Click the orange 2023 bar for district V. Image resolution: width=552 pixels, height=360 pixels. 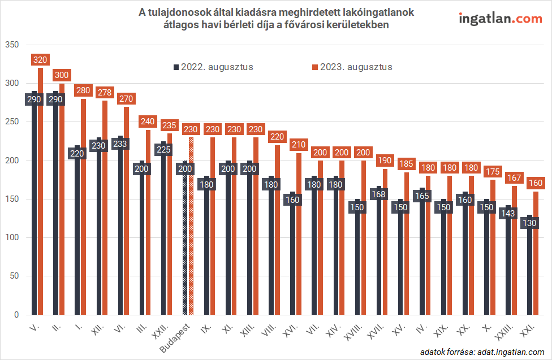41,192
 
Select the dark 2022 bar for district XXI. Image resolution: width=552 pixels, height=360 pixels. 530,266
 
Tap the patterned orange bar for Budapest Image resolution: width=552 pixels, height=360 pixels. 191,226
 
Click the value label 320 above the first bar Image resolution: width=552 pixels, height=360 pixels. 41,59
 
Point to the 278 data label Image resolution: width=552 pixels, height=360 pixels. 105,91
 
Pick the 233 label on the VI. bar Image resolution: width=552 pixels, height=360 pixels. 120,144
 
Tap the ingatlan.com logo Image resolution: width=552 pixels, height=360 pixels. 500,18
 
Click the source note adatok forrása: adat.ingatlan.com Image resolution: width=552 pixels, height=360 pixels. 482,352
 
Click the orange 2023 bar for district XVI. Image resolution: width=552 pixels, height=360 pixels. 299,226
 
